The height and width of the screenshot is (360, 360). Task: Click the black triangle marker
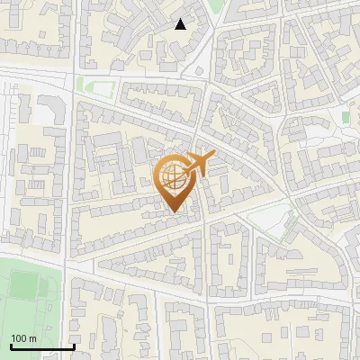tap(181, 24)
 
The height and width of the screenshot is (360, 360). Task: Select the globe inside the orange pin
tap(175, 176)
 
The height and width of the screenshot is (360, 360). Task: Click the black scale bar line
tap(41, 346)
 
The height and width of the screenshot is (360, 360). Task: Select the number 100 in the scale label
tap(19, 338)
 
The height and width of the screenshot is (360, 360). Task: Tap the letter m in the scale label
tap(31, 338)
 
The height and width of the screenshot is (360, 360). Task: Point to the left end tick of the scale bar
tap(11, 345)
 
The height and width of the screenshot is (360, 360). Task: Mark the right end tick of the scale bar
tap(73, 345)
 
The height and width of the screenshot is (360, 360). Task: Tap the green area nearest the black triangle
tap(214, 7)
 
